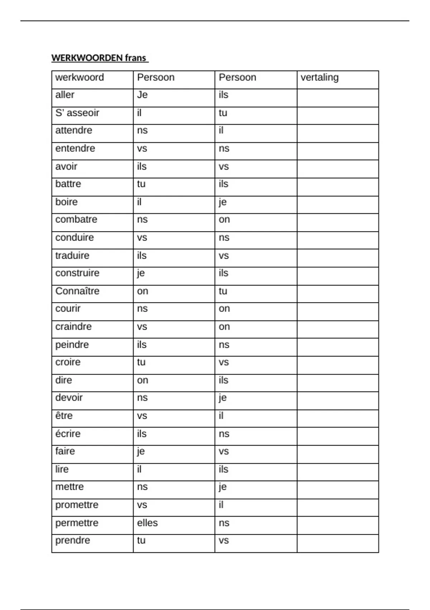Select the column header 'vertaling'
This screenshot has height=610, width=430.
319,78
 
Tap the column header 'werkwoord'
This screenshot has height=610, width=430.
80,78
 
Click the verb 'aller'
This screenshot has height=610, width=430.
65,95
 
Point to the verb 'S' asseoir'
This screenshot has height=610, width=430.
77,113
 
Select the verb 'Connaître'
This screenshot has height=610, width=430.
77,291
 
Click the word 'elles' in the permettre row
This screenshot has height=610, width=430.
147,523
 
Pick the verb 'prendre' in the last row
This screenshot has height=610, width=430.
73,540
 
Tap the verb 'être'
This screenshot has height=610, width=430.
64,416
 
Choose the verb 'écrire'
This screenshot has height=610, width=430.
68,433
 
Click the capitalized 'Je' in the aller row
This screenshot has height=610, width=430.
142,95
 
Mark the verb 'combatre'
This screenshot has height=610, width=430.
76,220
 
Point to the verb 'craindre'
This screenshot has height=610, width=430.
73,327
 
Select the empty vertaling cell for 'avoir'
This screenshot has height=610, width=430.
338,169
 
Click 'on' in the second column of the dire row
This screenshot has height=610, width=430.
143,380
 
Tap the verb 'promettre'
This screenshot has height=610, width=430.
77,505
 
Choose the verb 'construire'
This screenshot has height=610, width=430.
77,273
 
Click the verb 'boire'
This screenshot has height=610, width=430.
66,202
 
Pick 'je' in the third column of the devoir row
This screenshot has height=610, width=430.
223,398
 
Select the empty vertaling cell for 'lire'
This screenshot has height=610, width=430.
338,472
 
